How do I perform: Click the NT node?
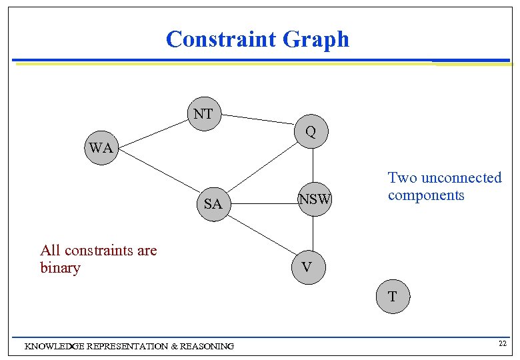click(203, 114)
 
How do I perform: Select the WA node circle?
click(101, 148)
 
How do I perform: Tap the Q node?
click(311, 132)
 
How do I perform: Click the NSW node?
click(315, 199)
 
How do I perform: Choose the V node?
click(306, 267)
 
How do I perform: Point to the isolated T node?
click(392, 297)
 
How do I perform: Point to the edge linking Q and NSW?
click(313, 165)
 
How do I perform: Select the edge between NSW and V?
click(313, 233)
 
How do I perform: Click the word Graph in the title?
click(316, 39)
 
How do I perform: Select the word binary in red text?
click(60, 268)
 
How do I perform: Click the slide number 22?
click(503, 343)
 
